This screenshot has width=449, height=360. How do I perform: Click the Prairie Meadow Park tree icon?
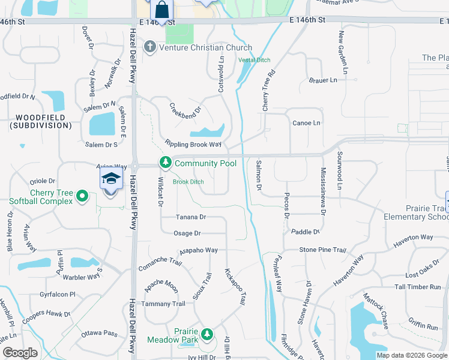pos(207,334)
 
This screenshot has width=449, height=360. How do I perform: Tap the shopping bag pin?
pos(161,10)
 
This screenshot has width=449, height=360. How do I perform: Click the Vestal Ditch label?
pos(253,60)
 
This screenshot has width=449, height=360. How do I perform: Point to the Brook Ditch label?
pos(188,182)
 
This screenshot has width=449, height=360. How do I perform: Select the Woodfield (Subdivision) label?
pos(40,121)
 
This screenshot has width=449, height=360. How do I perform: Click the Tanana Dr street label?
pos(191,217)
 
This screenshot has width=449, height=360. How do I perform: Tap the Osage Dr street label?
pos(187,233)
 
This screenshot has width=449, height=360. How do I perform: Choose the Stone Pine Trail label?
pos(323,250)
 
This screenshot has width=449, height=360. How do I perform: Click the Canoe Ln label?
pos(306,123)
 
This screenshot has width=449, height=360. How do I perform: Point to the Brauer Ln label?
pos(324,80)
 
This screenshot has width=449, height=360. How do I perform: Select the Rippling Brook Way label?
pos(193,145)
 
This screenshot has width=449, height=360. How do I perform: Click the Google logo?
pos(20,353)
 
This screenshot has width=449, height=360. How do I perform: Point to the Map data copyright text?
pos(411,355)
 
